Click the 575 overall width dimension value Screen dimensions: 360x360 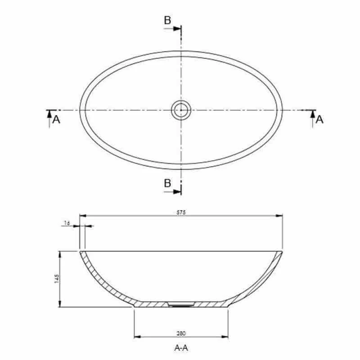(x=182, y=212)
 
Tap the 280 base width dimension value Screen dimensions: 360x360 (x=182, y=333)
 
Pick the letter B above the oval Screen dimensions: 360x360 (x=167, y=20)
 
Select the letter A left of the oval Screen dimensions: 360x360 (x=56, y=119)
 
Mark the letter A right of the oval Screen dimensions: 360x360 (x=319, y=119)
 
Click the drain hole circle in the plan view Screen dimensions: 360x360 (x=181, y=110)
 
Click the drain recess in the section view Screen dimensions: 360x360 (x=181, y=304)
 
